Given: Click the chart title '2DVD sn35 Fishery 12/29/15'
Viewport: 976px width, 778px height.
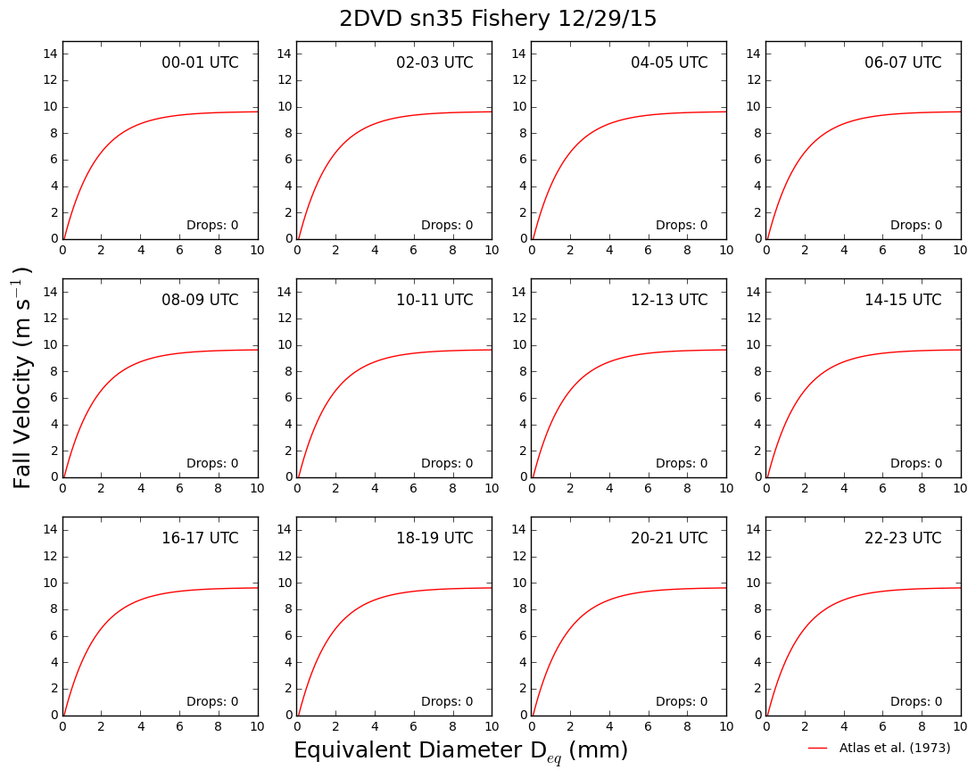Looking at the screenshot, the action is tap(498, 18).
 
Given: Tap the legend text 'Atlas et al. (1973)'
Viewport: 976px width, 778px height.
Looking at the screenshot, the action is tap(895, 748).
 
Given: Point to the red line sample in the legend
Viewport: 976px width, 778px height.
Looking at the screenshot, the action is tap(818, 749).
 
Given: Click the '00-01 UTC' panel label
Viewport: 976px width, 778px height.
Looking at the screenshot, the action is tap(200, 62).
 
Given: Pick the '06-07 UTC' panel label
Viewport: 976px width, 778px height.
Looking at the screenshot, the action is tap(903, 62).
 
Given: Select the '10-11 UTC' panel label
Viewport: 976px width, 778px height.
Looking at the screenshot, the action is tap(434, 300).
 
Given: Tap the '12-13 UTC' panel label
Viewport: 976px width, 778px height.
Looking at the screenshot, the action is tap(669, 300).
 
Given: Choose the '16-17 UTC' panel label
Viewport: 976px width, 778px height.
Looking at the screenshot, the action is tap(200, 538).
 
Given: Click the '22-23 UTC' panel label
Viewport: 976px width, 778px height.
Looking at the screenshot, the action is tap(903, 538).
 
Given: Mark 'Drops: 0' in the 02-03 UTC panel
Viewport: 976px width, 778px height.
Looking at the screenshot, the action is tap(447, 225).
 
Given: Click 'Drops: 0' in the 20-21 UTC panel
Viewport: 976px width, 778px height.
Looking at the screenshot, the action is tap(682, 700).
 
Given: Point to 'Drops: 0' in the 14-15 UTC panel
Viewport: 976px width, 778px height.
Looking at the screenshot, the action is tap(916, 463).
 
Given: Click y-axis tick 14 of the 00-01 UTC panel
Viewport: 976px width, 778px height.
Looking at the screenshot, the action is tap(51, 54).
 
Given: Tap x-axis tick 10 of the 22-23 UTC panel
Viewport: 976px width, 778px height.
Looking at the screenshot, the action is tap(961, 726).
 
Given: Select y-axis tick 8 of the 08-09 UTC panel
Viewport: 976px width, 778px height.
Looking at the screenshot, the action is tap(54, 371).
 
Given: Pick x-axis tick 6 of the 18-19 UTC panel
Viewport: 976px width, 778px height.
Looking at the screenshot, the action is tap(413, 726).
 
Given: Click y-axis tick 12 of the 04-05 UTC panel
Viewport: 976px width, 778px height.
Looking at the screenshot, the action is tap(519, 79).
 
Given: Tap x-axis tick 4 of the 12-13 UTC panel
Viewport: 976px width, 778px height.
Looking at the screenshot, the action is tap(609, 488).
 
